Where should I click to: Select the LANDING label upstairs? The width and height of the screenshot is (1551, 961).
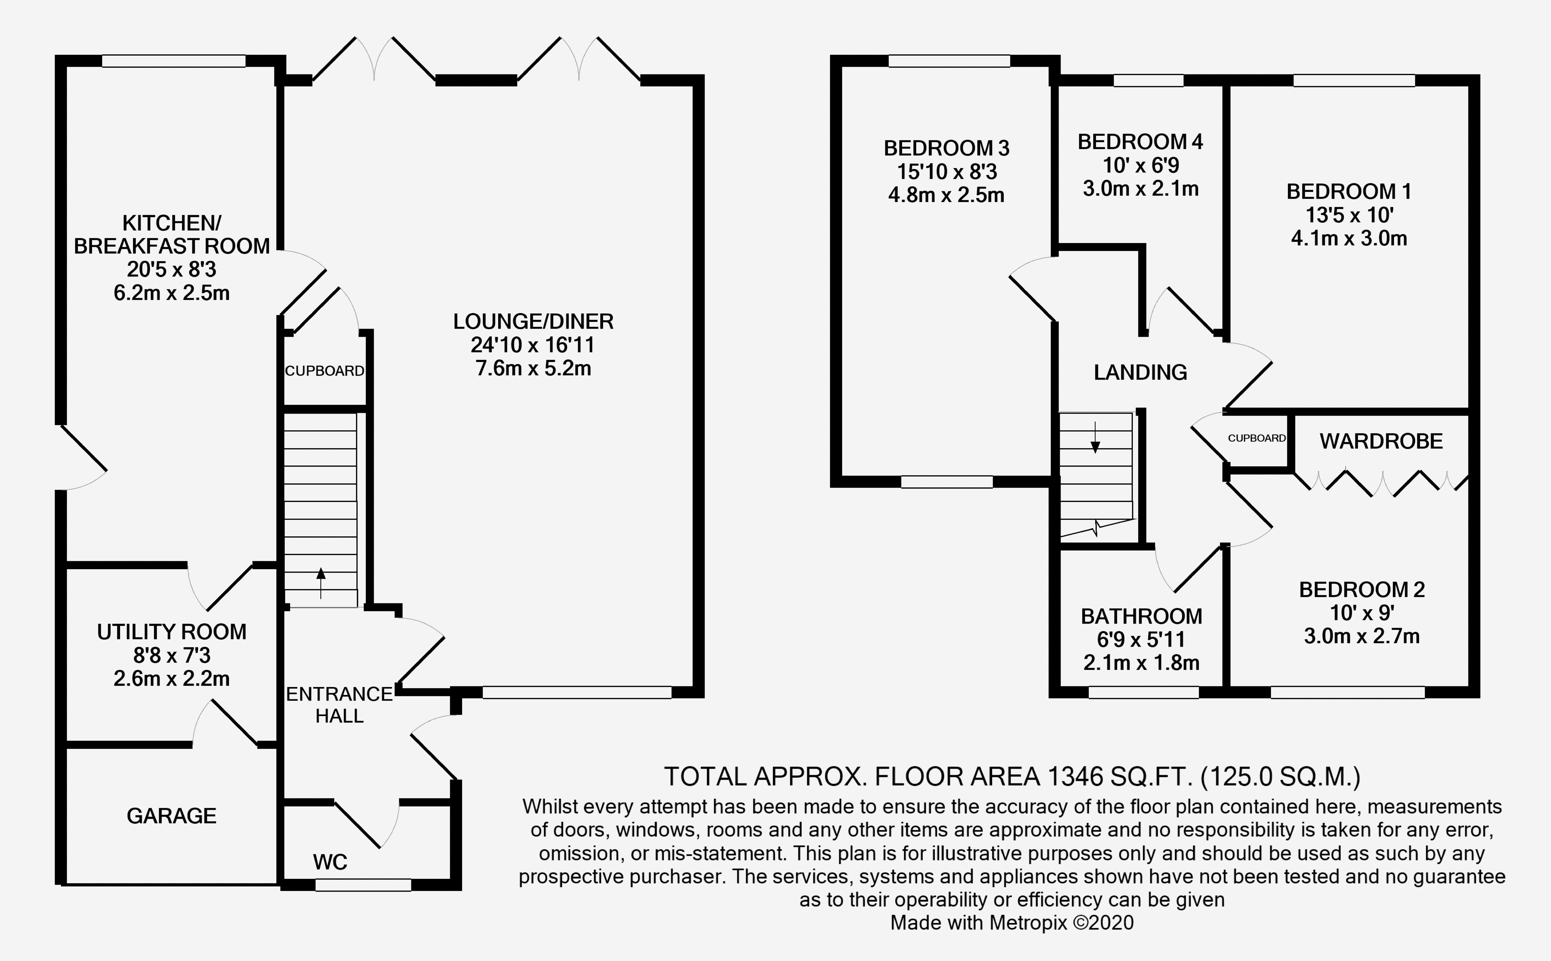tap(1140, 372)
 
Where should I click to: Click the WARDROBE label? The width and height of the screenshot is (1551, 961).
tap(1381, 441)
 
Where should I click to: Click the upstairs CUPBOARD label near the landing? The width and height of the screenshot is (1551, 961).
tap(1256, 438)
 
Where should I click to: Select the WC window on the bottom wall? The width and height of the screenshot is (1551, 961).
tap(363, 885)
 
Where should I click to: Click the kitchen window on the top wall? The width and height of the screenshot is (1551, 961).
tap(174, 61)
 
